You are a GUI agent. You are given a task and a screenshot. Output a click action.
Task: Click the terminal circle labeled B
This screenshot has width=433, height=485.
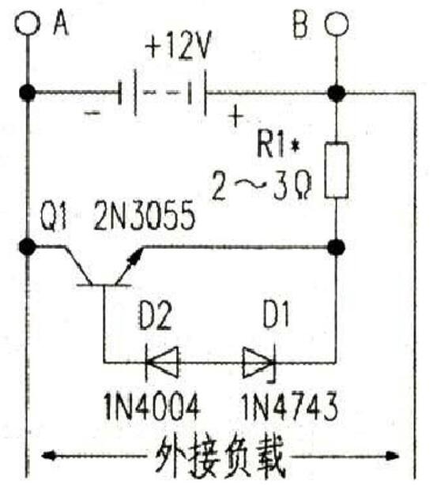(x=337, y=24)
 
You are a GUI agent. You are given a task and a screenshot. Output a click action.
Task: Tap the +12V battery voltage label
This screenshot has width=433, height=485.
(x=178, y=47)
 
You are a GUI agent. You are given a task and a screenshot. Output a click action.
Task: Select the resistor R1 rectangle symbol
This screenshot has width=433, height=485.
(x=337, y=170)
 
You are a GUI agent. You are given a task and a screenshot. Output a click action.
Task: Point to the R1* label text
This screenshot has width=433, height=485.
(x=278, y=145)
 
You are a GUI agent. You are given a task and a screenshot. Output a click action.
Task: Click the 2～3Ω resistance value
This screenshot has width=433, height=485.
(x=262, y=186)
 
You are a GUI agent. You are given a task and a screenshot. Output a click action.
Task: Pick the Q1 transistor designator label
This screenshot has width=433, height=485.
(x=54, y=215)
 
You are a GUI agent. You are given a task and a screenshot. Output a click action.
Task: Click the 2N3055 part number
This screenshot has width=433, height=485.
(x=145, y=216)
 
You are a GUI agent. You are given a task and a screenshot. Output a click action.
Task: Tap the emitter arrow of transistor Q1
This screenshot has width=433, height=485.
(x=136, y=256)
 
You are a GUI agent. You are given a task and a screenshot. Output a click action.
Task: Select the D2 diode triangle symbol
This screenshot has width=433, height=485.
(x=162, y=362)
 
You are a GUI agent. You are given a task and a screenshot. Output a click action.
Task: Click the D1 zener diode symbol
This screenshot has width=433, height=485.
(x=259, y=363)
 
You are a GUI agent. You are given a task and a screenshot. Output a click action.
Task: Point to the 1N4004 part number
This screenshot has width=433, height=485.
(x=152, y=406)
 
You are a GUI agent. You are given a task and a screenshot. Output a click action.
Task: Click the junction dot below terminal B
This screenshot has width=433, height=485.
(x=337, y=92)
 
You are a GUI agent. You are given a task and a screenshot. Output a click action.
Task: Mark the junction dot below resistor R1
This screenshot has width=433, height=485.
(x=337, y=247)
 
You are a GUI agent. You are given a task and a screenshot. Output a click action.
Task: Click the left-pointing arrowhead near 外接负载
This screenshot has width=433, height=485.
(x=49, y=455)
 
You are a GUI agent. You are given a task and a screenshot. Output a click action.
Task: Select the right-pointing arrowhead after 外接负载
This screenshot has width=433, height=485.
(x=391, y=455)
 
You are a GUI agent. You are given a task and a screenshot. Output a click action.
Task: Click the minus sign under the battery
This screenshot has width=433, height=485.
(x=92, y=113)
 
